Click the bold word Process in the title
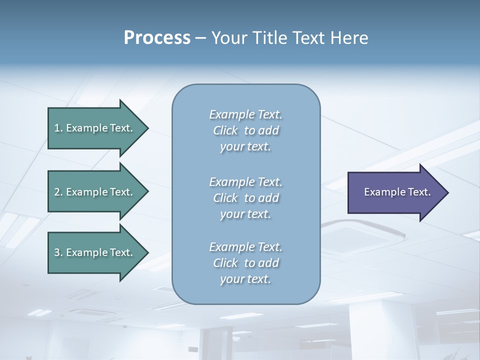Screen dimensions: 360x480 tap(157, 38)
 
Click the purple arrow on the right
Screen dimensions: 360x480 tap(395, 192)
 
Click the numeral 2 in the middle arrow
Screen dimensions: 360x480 tap(57, 192)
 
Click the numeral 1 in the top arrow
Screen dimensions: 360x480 tap(57, 128)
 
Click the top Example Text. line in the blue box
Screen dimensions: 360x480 tap(245, 114)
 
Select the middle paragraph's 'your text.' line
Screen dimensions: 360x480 tap(245, 214)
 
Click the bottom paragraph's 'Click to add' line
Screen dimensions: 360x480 tap(245, 263)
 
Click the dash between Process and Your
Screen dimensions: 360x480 tap(200, 38)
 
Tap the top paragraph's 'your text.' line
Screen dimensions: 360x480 tap(245, 147)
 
